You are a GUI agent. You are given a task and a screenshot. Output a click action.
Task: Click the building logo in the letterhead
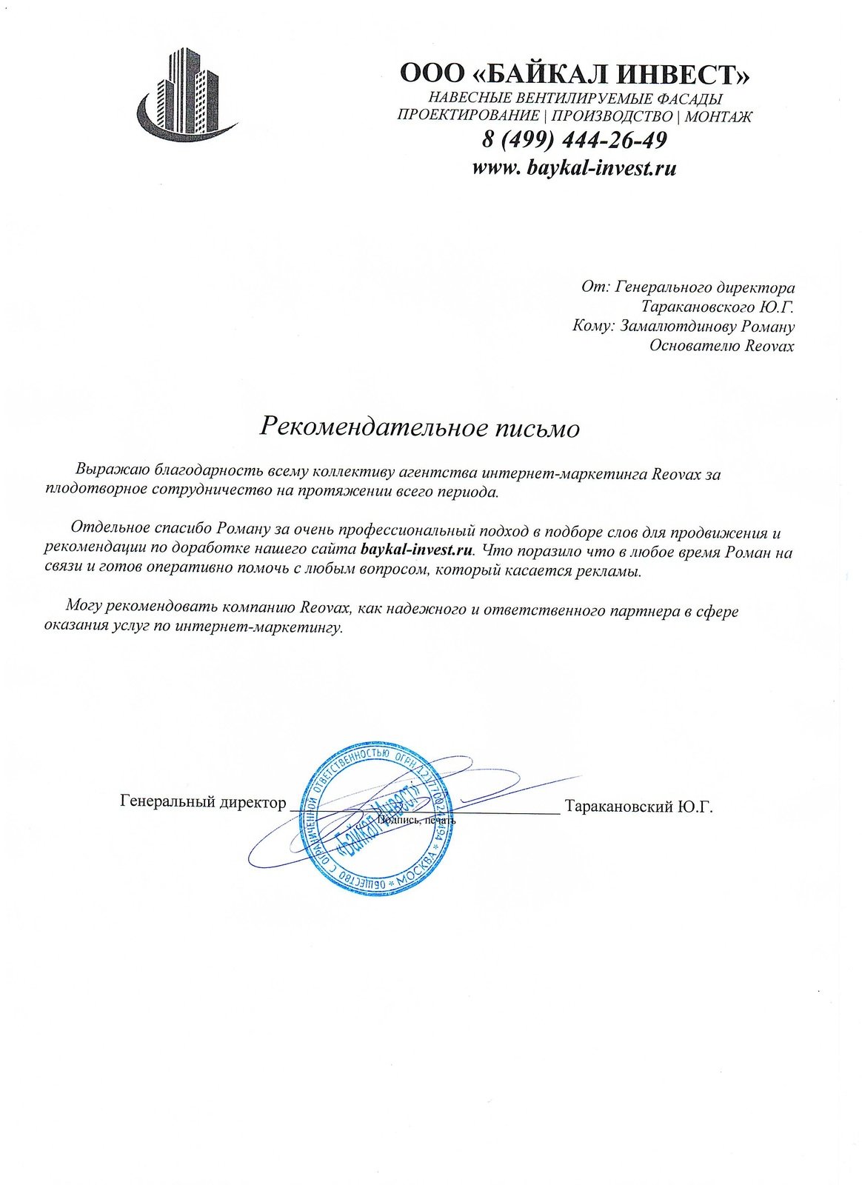[186, 95]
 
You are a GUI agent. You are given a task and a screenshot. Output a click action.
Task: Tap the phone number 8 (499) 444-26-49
[574, 139]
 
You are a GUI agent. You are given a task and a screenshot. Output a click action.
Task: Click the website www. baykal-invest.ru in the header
[574, 167]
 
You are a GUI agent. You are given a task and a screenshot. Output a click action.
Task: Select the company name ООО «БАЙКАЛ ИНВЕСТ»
[575, 74]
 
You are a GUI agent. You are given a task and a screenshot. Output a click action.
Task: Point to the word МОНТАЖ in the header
[718, 116]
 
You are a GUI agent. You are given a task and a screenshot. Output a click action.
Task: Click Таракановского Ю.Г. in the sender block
[718, 307]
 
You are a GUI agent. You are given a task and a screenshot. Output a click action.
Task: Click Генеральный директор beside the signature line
[202, 802]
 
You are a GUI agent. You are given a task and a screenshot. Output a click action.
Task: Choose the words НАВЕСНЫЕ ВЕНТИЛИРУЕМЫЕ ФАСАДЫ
[575, 99]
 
